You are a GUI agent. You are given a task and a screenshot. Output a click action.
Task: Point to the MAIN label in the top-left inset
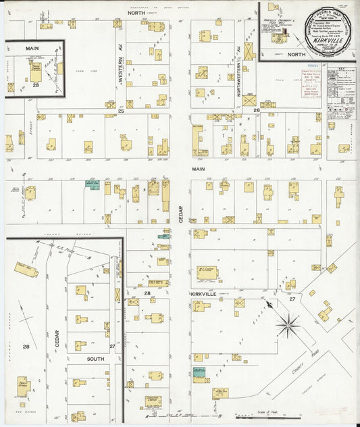(32, 48)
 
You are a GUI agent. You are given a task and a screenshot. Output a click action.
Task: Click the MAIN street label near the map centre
(197, 169)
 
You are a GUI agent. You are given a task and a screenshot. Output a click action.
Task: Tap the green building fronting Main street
(92, 184)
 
